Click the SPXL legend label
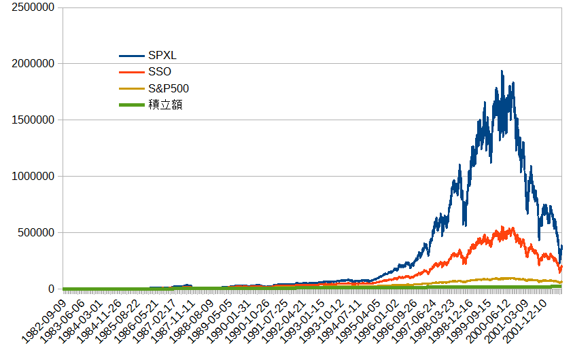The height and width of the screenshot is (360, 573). pos(162,56)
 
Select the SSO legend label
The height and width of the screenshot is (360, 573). pos(160,71)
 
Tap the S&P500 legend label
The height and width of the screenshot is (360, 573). pos(169,88)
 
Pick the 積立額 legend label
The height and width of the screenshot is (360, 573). pos(165,105)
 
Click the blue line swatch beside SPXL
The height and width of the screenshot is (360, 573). pos(132,56)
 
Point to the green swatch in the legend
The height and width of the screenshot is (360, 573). pos(132,105)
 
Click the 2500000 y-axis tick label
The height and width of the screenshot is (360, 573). pos(33,7)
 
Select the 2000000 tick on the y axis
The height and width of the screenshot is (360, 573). pos(33,64)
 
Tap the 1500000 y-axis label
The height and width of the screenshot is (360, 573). pos(33,120)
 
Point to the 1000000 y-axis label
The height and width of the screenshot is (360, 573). pos(33,177)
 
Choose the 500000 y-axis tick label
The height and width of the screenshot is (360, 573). pos(36,232)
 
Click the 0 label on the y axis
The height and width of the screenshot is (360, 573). pos(51,289)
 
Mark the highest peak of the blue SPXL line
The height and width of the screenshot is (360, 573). pos(502,71)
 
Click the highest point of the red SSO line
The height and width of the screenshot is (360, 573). pos(502,227)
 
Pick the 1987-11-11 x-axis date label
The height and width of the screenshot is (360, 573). pos(173,321)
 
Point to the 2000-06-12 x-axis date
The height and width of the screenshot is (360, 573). pos(488,321)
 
